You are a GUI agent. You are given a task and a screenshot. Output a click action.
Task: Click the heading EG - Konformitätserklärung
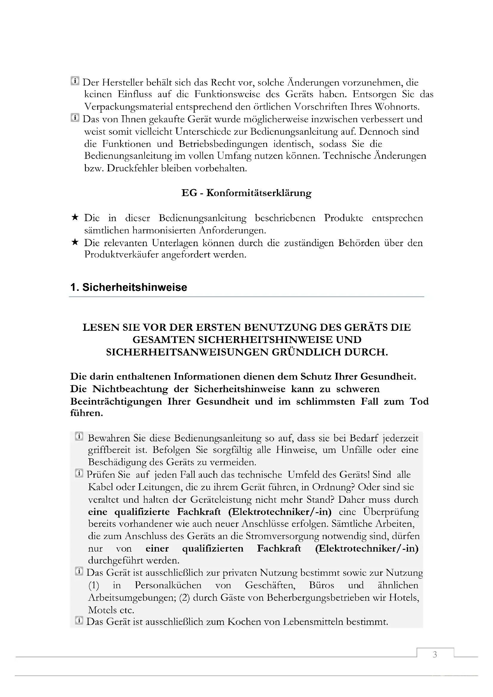pyautogui.click(x=246, y=193)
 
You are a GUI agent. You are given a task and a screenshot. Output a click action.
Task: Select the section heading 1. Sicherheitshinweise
pyautogui.click(x=129, y=287)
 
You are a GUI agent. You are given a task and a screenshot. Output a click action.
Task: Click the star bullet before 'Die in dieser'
pyautogui.click(x=75, y=217)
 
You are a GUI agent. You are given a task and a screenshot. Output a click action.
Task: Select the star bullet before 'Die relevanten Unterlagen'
pyautogui.click(x=75, y=242)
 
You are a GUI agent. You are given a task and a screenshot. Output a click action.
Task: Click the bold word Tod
pyautogui.click(x=419, y=401)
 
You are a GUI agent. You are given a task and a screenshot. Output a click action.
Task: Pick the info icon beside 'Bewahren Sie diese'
pyautogui.click(x=79, y=437)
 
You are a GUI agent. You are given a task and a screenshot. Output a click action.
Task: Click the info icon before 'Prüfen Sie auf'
pyautogui.click(x=79, y=473)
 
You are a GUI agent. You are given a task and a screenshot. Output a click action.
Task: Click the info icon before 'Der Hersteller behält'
pyautogui.click(x=75, y=81)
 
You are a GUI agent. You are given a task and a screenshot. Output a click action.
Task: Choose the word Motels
pyautogui.click(x=102, y=610)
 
